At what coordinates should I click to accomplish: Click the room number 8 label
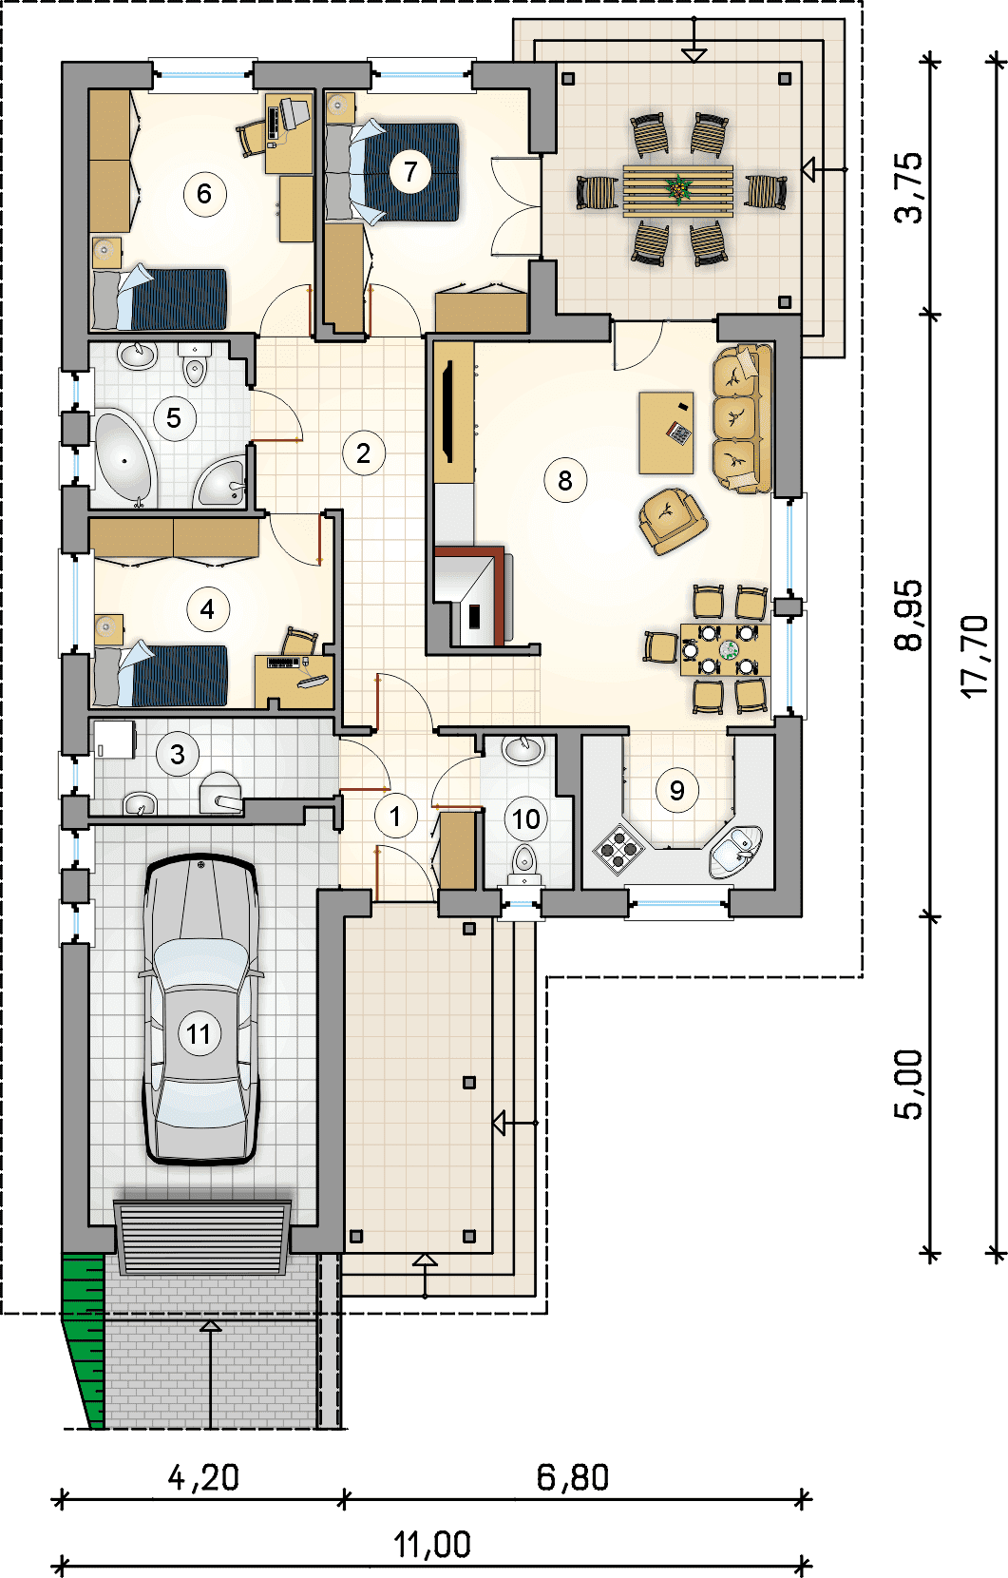565,480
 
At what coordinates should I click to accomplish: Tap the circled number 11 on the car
200,1034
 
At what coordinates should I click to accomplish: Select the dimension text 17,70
975,657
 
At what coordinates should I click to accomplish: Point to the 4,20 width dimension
203,1477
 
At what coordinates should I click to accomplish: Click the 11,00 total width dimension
431,1545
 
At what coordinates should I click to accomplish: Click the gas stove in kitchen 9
618,850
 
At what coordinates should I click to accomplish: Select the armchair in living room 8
672,521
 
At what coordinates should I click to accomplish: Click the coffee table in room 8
666,433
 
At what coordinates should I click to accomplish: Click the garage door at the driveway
202,1238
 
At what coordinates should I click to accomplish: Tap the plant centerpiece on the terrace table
679,189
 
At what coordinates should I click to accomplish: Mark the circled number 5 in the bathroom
174,418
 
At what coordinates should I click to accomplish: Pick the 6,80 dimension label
572,1477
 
